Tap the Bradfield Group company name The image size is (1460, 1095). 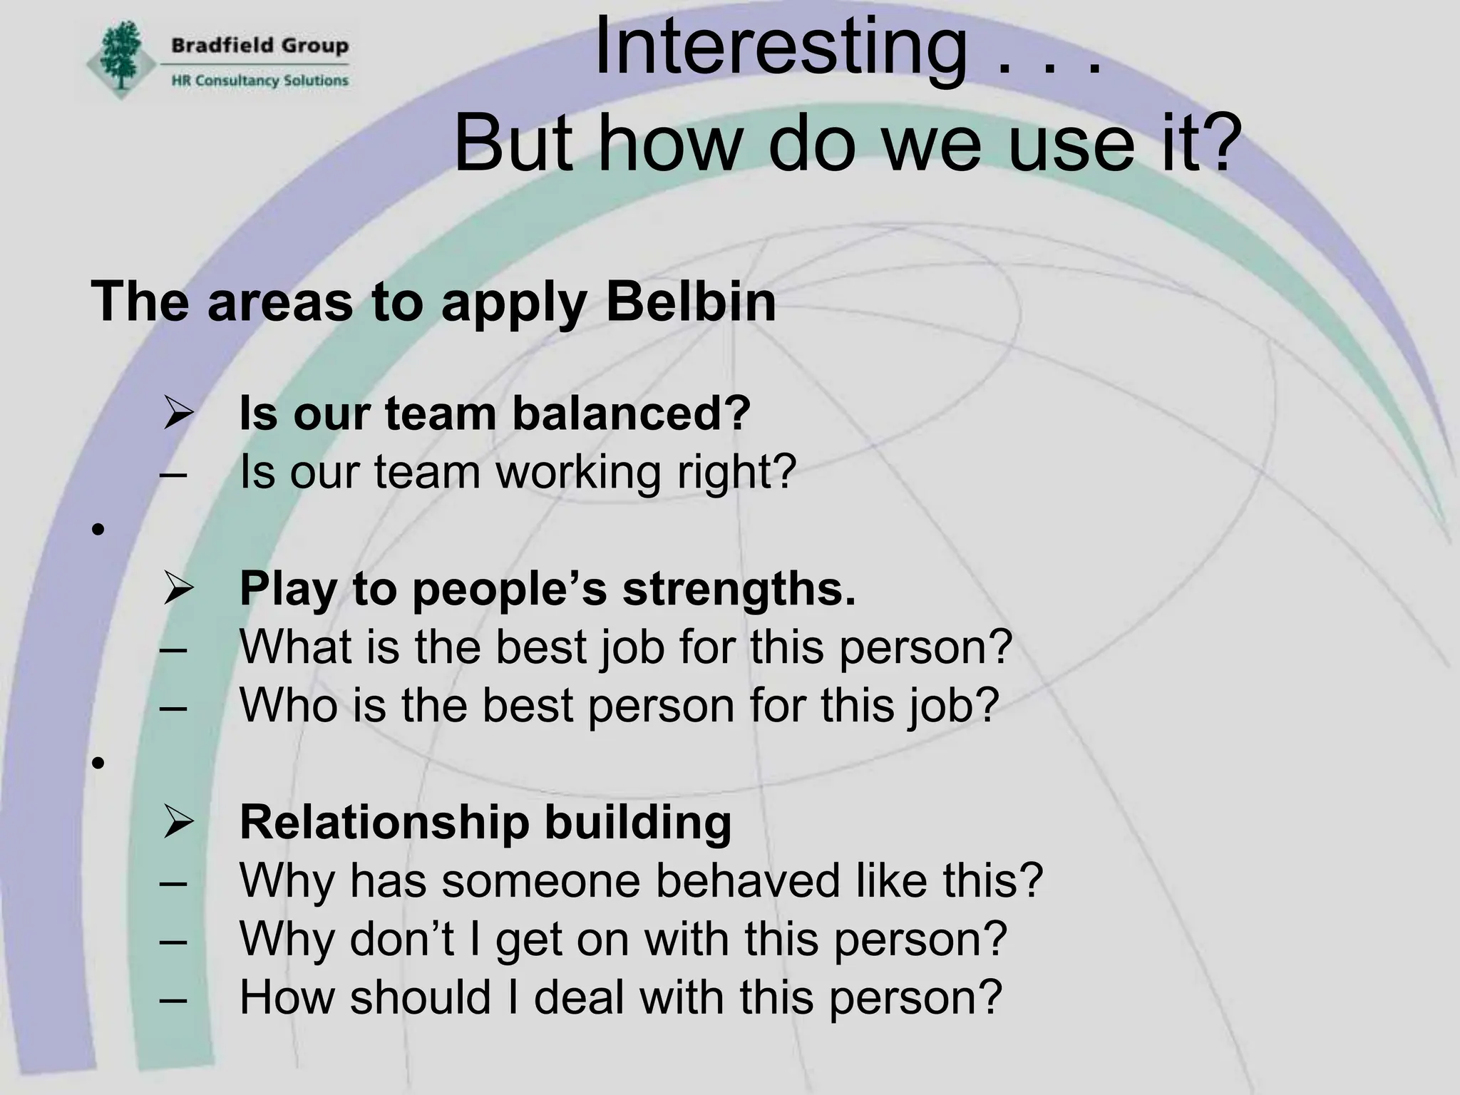259,46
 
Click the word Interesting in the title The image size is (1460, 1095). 780,47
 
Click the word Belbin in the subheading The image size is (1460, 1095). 690,302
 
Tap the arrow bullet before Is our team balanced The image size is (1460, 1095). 178,413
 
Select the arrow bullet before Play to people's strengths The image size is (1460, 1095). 178,590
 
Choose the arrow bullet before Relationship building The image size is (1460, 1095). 178,822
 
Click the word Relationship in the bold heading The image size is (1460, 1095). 384,822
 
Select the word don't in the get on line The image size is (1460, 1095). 401,939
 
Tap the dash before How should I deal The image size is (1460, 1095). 174,999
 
